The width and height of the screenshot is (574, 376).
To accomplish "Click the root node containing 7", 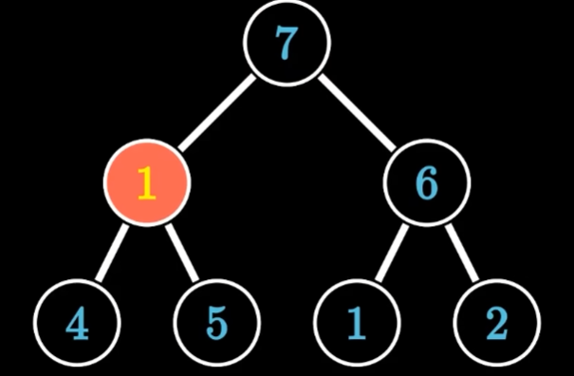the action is coord(287,43).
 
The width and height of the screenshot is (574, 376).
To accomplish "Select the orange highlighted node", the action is coord(147,182).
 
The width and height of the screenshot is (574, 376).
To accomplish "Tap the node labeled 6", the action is coord(427,182).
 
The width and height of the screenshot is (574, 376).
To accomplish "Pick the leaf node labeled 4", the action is coord(77,323).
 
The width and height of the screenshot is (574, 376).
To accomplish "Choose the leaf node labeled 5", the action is coord(216,323).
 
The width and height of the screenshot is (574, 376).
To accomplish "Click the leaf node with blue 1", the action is coord(357,323).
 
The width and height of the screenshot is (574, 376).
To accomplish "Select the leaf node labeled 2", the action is coord(497,323).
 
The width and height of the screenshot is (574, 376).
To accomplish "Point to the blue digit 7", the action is coord(287,43).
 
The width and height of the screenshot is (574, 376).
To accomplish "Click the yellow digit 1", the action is coord(147,183).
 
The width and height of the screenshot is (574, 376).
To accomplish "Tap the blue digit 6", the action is coord(427,183).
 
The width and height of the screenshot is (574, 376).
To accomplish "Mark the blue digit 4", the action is coord(77,323).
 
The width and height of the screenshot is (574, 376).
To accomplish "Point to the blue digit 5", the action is coord(217,323).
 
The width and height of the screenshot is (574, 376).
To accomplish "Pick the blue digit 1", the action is coord(357,323).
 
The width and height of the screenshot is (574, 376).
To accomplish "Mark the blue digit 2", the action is coord(497,323).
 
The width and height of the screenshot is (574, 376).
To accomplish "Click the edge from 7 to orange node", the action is coord(216,112).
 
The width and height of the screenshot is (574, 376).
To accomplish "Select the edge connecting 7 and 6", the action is coord(357,112).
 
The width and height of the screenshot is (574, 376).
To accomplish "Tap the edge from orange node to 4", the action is coord(112,253).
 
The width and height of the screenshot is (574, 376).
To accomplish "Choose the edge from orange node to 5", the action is coord(182,253).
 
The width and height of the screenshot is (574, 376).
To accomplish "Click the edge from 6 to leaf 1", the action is coord(392,253).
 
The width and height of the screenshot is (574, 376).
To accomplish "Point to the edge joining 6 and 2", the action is coord(462,253).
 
